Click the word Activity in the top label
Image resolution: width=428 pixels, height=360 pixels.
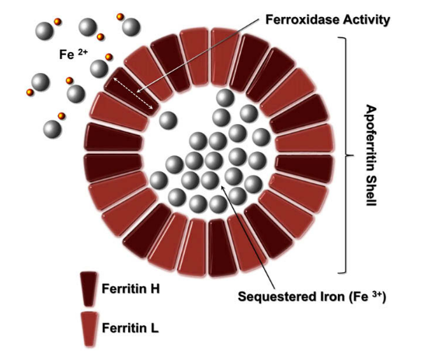tap(367, 20)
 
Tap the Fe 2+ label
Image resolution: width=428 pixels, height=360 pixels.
tap(74, 54)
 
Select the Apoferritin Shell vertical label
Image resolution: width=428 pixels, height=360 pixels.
tap(371, 155)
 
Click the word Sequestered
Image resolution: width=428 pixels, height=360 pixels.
tap(276, 296)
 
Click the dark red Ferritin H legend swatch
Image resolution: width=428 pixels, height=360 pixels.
tap(89, 289)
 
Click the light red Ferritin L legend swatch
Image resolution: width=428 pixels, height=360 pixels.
tap(89, 329)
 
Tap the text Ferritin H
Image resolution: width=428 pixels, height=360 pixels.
tap(130, 289)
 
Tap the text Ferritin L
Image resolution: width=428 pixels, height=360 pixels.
tap(130, 328)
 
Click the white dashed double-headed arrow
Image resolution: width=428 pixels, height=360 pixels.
tap(133, 93)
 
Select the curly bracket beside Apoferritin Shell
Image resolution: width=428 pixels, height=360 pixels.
tap(346, 155)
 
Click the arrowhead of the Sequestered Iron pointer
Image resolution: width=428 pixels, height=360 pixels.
tap(222, 186)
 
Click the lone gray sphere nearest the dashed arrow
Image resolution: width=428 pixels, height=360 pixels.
tap(168, 120)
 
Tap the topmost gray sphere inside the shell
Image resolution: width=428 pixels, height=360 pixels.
tap(225, 97)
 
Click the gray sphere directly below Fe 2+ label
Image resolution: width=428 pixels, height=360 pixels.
tap(99, 69)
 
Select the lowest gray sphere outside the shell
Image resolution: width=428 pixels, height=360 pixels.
tap(52, 129)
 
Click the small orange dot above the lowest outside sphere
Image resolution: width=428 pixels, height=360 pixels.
tap(61, 116)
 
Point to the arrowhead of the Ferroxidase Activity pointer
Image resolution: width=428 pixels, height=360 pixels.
tap(138, 92)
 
